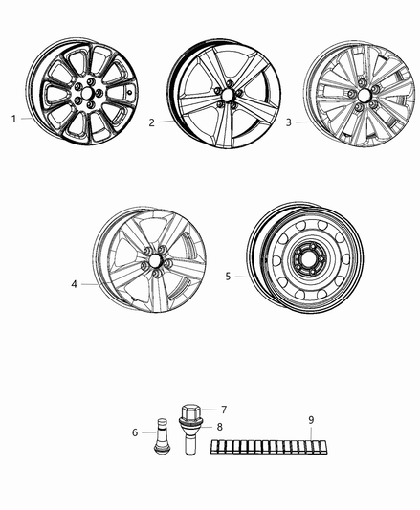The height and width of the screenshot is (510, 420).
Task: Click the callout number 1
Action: coord(13,119)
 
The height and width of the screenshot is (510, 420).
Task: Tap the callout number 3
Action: coord(288,122)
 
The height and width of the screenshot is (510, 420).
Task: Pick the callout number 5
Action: coord(228,277)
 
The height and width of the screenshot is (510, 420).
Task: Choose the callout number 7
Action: coord(224,410)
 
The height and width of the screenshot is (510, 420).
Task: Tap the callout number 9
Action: coord(311,418)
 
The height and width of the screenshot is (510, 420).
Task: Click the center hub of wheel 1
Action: coord(83,96)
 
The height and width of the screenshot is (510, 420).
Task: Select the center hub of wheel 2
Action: coord(224,98)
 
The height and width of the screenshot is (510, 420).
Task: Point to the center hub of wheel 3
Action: coord(363,100)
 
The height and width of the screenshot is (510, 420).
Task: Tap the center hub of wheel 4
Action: coord(153,264)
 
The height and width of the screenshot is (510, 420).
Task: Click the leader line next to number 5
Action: coord(240,277)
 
